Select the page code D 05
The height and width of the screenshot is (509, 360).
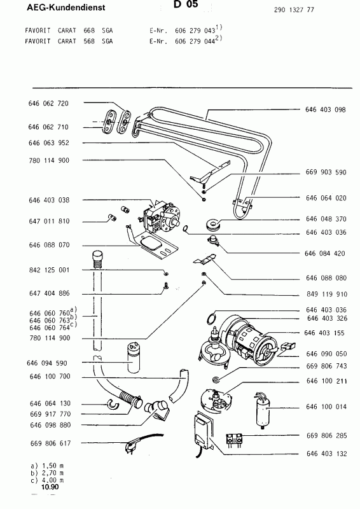coord(184,5)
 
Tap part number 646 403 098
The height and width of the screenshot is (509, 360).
coord(325,109)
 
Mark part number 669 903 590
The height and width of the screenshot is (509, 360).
coord(325,172)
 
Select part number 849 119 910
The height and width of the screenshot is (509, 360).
coord(325,295)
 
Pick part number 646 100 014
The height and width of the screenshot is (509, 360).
coord(325,406)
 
